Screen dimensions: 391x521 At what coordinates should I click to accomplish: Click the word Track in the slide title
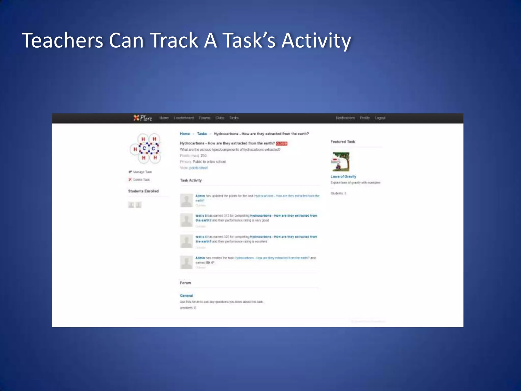click(x=175, y=40)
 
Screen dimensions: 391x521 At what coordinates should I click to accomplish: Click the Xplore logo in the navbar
click(x=143, y=118)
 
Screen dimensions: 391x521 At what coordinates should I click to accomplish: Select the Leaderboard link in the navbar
click(x=184, y=118)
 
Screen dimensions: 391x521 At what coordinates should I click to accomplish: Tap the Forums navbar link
click(x=205, y=118)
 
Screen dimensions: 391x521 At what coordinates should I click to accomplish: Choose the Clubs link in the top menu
click(x=220, y=118)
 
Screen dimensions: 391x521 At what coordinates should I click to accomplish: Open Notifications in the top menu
click(x=345, y=118)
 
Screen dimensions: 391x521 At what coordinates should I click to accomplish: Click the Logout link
click(x=380, y=118)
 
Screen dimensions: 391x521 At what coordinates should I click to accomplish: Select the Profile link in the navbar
click(x=365, y=118)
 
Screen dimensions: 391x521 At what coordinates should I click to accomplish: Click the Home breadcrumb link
click(x=185, y=134)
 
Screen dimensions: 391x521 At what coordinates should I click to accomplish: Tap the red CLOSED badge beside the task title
click(x=282, y=144)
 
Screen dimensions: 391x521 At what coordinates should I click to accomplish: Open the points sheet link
click(x=198, y=168)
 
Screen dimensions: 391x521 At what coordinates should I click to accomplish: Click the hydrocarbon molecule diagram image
click(x=145, y=148)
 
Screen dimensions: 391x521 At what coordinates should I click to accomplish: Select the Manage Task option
click(x=142, y=172)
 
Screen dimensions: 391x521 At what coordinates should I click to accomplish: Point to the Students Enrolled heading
click(x=143, y=191)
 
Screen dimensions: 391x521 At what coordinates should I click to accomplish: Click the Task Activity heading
click(x=191, y=180)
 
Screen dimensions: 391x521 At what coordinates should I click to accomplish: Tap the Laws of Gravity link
click(x=343, y=176)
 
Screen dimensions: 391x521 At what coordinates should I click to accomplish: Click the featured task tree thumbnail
click(x=341, y=162)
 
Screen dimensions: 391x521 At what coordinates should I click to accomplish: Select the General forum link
click(x=186, y=296)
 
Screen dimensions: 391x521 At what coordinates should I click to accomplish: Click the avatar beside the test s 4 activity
click(x=186, y=241)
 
